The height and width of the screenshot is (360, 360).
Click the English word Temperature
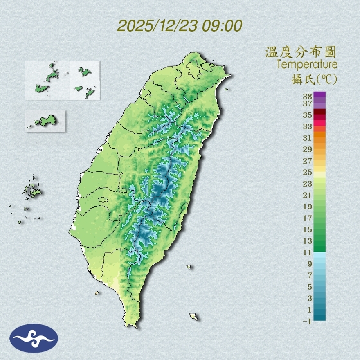click(x=307, y=65)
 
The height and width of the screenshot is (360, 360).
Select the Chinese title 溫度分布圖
click(x=301, y=52)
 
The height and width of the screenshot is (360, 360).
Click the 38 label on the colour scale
click(x=308, y=97)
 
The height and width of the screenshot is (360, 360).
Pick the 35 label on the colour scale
click(x=308, y=115)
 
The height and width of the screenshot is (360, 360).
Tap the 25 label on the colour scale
click(x=308, y=172)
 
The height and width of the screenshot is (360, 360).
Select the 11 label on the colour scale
click(x=308, y=252)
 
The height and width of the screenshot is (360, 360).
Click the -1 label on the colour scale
click(x=307, y=321)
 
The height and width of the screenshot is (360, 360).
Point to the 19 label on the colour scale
click(x=308, y=206)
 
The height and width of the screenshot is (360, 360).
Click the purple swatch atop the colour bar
click(x=319, y=95)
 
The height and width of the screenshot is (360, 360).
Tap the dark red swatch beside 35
click(x=319, y=112)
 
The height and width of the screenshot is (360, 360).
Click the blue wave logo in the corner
click(x=34, y=338)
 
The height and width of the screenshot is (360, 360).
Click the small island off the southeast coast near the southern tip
click(x=194, y=317)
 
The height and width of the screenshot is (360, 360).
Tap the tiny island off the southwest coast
click(x=97, y=292)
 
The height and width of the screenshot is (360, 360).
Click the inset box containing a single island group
click(x=45, y=121)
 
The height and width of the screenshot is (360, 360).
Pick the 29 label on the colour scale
click(x=308, y=149)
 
